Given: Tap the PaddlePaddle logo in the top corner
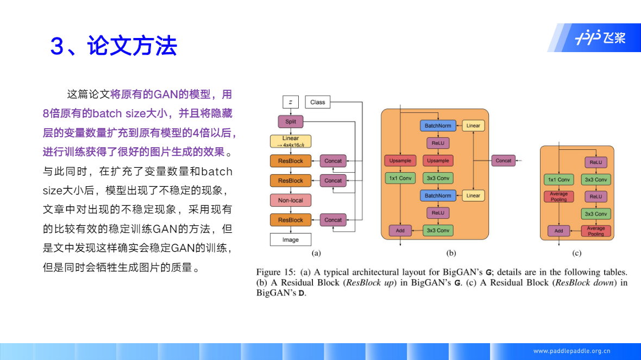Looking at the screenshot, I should (600, 38).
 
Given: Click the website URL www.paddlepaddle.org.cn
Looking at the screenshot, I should (572, 351).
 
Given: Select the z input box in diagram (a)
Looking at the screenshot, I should (291, 102).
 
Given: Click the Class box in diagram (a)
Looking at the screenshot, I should (317, 102).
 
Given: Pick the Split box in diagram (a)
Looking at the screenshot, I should (291, 122).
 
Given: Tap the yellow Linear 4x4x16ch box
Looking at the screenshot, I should (291, 141).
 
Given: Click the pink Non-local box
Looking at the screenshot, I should (291, 200).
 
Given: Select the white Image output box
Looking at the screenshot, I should (291, 239).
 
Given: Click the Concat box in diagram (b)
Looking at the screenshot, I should (503, 161).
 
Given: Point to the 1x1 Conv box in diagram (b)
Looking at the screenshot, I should (400, 178).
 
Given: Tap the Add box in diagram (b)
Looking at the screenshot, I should (400, 230).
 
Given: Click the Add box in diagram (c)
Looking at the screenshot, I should (558, 231).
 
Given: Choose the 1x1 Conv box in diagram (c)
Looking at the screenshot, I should (558, 180).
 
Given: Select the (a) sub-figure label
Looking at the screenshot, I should (316, 253).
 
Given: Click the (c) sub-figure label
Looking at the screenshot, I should (576, 253).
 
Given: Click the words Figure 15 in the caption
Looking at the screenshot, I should (275, 272).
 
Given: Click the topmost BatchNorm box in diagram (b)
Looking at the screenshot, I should (438, 126).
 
